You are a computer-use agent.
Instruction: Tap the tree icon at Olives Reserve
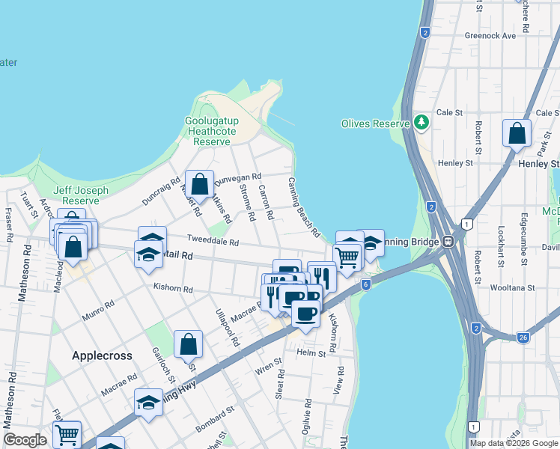421,122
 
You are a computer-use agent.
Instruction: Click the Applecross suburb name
102,355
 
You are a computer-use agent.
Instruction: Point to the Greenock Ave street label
490,35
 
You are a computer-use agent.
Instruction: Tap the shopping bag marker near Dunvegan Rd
200,184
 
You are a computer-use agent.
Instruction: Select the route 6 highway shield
365,284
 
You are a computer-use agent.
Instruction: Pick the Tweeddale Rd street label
213,242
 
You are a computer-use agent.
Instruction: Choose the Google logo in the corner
25,440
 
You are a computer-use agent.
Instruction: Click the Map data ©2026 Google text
514,443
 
